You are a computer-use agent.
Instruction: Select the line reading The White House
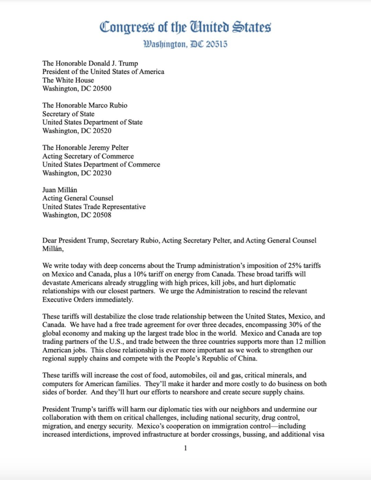68,80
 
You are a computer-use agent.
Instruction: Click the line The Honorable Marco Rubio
85,105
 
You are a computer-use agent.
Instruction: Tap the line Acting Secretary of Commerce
88,156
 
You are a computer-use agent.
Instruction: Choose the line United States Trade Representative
94,207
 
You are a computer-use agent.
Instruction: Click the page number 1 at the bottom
185,448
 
